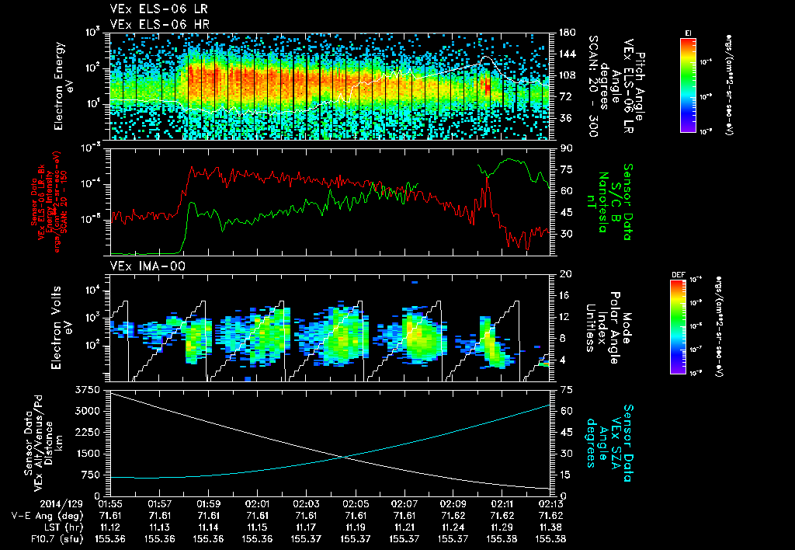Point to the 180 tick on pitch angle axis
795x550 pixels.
565,33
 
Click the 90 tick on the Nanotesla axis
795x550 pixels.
564,148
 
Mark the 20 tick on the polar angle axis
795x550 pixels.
564,275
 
